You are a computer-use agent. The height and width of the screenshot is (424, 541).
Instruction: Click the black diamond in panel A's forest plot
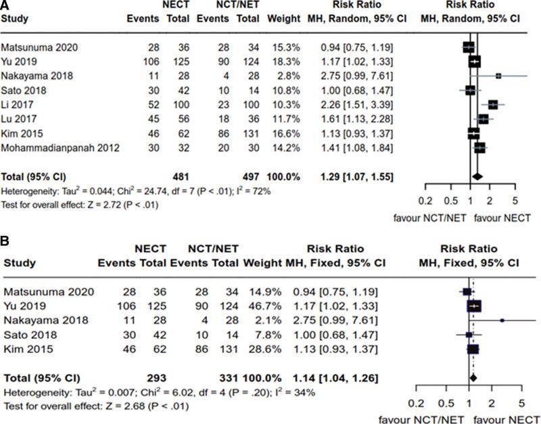tap(477, 177)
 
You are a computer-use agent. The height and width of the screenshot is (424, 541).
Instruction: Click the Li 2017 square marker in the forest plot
tap(493, 105)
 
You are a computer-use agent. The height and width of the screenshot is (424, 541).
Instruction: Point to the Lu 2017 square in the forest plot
tap(484, 119)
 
